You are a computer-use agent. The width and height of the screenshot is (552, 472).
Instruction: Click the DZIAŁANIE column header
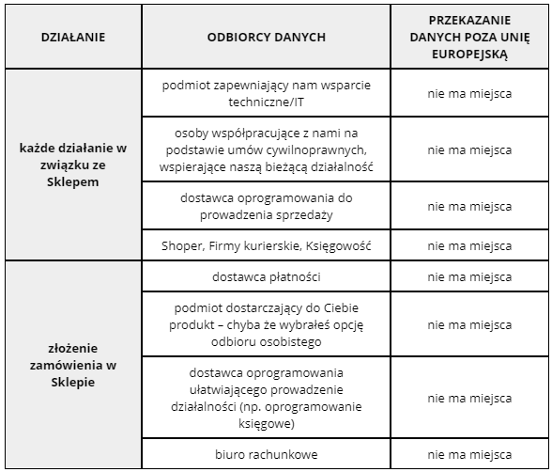(x=73, y=38)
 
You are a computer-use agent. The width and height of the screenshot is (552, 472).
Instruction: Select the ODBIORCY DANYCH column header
(x=267, y=38)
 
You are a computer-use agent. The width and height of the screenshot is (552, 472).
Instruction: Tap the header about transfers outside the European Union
(x=469, y=38)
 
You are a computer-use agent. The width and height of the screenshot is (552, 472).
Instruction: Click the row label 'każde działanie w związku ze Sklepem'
(x=73, y=165)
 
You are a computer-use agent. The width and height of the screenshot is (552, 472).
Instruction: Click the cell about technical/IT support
(x=267, y=94)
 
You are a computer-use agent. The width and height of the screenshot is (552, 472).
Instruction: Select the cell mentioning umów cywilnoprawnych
(x=267, y=150)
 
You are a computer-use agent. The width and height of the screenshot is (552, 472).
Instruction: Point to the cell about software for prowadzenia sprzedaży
(x=267, y=206)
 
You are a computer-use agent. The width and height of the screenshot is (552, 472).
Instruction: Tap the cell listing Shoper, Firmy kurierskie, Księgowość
(x=267, y=246)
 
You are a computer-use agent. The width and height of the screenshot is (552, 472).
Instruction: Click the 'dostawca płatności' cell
(x=267, y=277)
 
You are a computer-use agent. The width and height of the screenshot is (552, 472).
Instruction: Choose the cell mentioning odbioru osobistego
(x=267, y=324)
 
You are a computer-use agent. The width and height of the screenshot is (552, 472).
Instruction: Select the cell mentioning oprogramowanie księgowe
(x=267, y=398)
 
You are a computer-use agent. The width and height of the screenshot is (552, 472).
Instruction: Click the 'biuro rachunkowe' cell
(x=267, y=455)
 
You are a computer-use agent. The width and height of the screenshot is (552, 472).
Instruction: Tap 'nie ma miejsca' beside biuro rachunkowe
(x=469, y=455)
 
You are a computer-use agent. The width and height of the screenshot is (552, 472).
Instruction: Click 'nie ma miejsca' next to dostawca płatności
(x=469, y=277)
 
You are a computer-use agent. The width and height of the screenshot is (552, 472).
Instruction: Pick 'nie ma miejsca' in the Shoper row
(x=469, y=246)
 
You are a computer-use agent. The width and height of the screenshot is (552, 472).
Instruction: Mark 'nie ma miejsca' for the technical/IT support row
(x=469, y=94)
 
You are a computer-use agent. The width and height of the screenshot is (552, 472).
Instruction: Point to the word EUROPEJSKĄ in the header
(x=469, y=55)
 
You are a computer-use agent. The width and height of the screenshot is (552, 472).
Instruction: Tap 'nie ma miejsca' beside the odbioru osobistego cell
(x=469, y=324)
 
